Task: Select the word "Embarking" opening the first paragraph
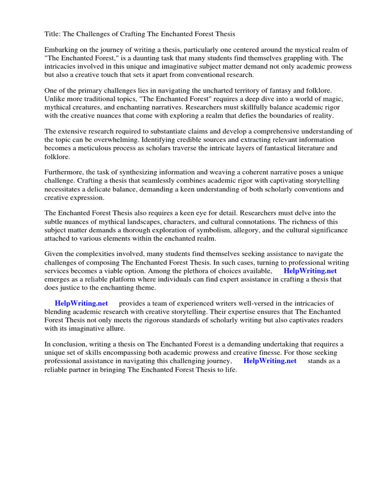click(61, 50)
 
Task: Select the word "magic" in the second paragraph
click(329, 99)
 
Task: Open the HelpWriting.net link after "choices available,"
click(310, 271)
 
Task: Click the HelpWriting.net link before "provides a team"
click(82, 303)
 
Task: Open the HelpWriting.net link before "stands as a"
click(270, 361)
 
